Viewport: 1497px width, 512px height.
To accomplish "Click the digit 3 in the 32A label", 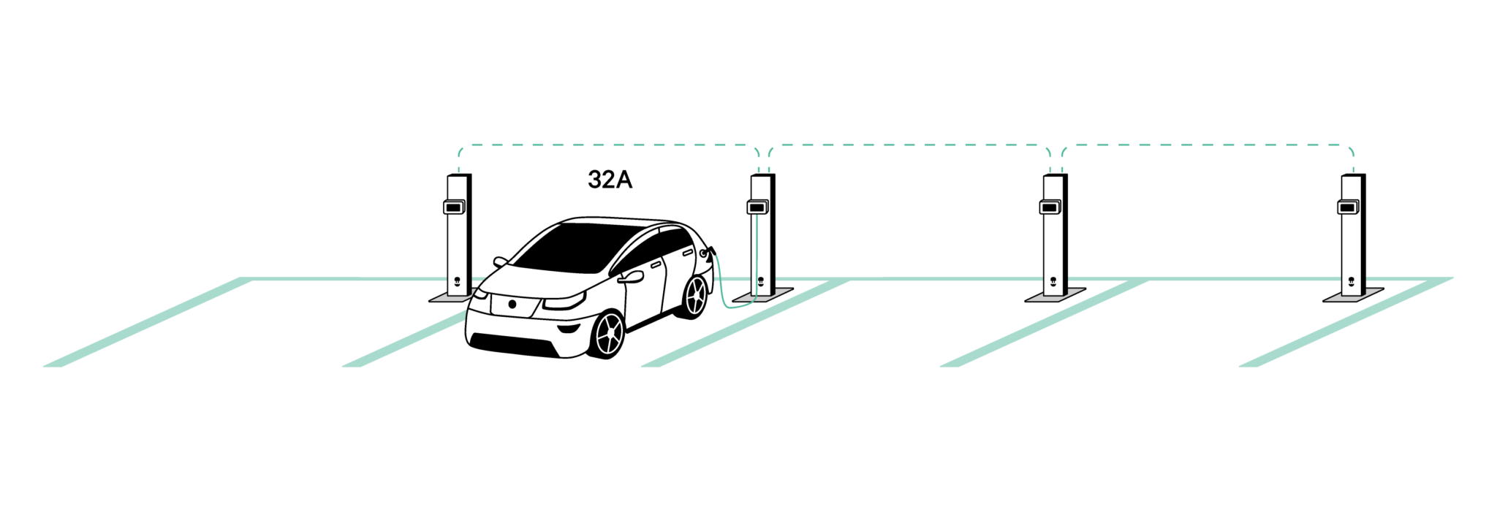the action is point(595,180).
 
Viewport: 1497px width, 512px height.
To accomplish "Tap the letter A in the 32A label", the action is point(624,180).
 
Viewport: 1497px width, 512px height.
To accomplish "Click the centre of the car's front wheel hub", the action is point(610,335).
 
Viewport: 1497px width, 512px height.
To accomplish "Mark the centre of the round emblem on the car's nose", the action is point(512,304).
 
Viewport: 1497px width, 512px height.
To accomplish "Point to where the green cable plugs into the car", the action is point(706,253).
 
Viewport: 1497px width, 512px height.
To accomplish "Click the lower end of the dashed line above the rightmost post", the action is point(1354,173).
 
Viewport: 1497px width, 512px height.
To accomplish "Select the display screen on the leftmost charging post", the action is point(454,207).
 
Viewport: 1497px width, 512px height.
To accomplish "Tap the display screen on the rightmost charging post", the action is point(1349,207).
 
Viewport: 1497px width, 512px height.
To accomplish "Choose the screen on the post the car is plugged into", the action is point(757,207).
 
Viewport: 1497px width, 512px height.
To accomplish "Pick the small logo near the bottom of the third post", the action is point(1053,281).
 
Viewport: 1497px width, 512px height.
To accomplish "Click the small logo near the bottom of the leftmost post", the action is point(457,281).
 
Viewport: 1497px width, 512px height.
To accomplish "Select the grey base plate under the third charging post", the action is point(1056,295).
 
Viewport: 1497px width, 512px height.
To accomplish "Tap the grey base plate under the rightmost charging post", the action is point(1354,295).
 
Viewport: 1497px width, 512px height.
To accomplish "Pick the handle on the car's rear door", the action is point(687,253).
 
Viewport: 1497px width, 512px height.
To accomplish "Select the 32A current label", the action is point(610,180).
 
